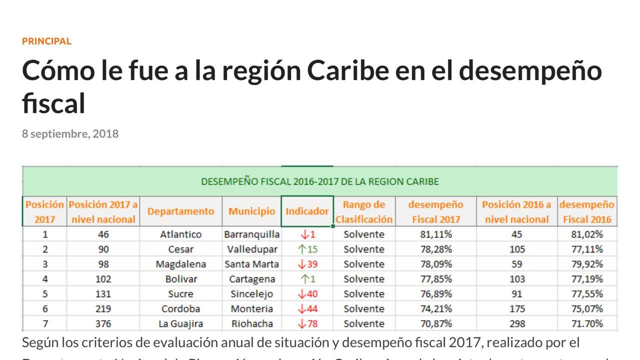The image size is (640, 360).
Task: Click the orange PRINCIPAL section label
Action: click(46, 41)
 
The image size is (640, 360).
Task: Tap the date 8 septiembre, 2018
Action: click(70, 134)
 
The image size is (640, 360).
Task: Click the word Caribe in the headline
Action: click(347, 70)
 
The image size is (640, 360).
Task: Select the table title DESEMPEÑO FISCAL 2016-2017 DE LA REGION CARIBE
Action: click(319, 181)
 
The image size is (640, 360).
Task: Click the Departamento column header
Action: click(180, 211)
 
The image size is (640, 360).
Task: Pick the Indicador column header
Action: click(307, 211)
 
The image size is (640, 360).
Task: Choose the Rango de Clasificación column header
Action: click(364, 211)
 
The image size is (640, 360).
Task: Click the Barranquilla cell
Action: click(251, 234)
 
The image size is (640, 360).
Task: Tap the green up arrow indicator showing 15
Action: click(307, 249)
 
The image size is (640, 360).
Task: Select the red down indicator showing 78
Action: click(307, 323)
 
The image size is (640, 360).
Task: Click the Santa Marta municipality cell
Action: click(251, 264)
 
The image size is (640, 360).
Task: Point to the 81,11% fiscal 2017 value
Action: click(435, 234)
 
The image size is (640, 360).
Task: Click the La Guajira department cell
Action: click(180, 323)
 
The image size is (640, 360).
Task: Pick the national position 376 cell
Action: click(103, 323)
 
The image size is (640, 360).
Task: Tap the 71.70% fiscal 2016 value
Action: click(587, 323)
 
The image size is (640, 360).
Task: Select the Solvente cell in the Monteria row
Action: click(364, 308)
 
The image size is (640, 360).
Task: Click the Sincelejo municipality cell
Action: click(251, 293)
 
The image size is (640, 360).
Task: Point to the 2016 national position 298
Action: click(516, 323)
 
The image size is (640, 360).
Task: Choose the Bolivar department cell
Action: click(180, 279)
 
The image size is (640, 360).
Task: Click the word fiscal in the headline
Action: click(53, 104)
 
